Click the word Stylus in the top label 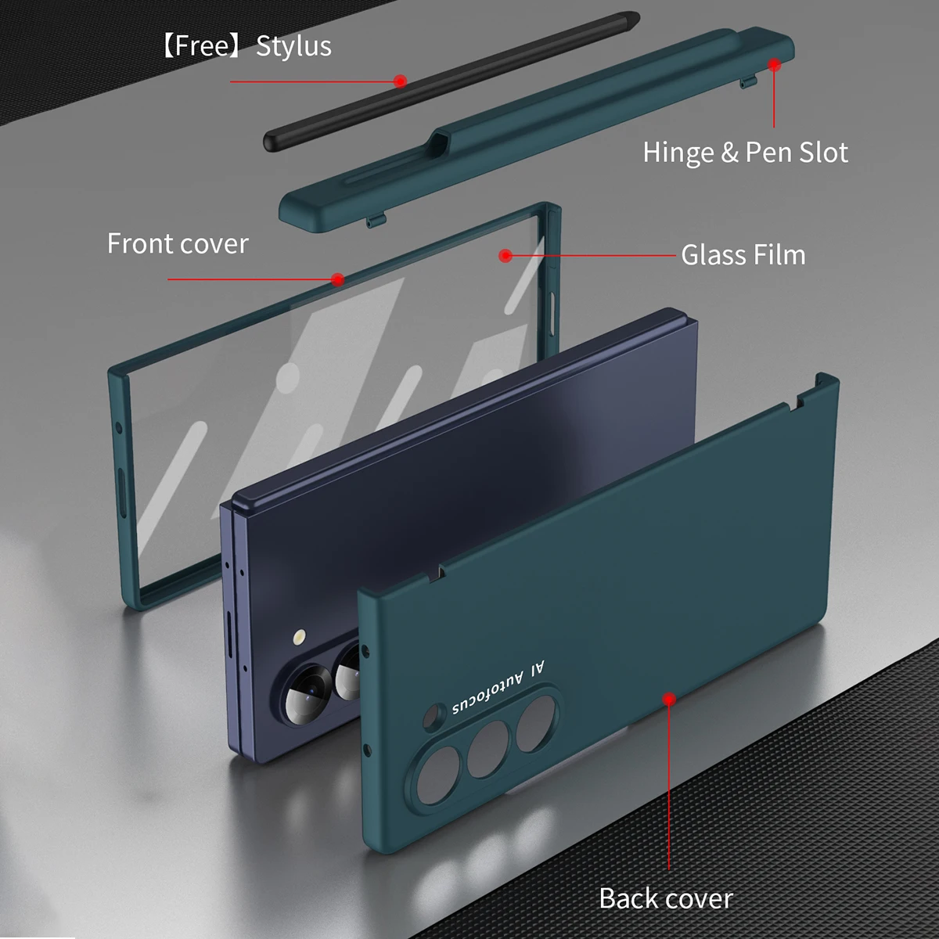293,46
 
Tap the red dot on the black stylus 400,81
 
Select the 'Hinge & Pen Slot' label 745,152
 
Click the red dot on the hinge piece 774,65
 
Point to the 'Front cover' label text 178,243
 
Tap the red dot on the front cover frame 337,279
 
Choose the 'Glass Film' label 743,255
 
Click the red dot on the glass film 505,255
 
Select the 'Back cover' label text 666,898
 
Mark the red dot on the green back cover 669,698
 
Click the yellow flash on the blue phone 299,638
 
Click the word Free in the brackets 202,46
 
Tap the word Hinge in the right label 678,152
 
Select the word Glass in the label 711,255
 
